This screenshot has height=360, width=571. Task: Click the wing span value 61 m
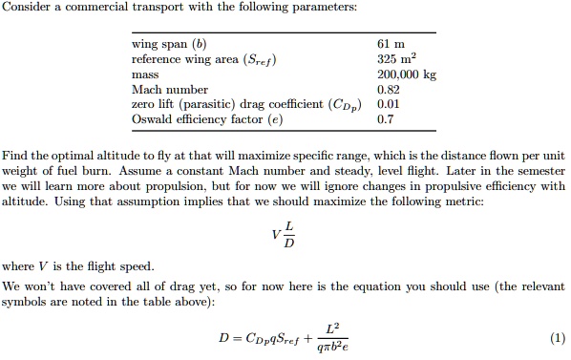click(x=392, y=43)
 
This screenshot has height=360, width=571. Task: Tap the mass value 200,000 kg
click(x=406, y=74)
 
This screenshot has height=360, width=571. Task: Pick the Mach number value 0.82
click(x=388, y=89)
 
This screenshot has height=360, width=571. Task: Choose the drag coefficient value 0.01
click(x=388, y=104)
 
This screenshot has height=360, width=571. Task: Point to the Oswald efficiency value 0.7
click(x=385, y=119)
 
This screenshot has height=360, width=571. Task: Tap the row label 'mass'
click(x=145, y=74)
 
